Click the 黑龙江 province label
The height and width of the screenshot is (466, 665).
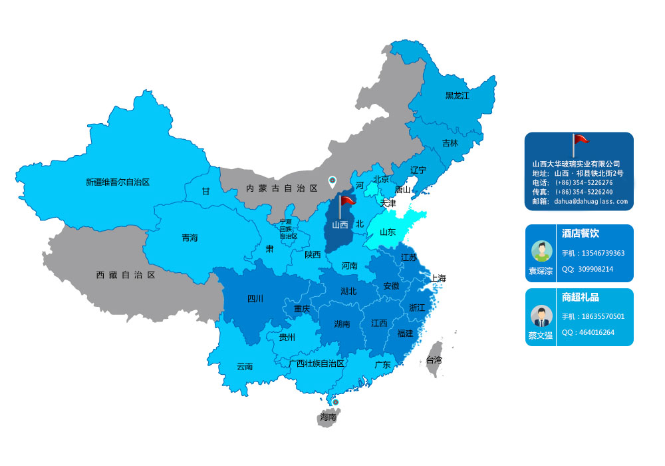coord(457,96)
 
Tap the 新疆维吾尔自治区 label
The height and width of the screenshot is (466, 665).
coord(118,182)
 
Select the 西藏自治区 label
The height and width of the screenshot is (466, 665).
coord(126,274)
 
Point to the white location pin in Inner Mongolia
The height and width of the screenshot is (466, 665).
coord(332,181)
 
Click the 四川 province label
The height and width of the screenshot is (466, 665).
coord(255,299)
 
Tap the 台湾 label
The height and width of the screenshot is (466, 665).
coord(434,359)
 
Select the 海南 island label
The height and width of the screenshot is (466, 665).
coord(328,417)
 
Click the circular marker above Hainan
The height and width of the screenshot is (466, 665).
coord(335,402)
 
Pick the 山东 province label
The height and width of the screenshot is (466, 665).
coord(387,232)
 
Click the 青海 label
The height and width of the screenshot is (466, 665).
coord(190,238)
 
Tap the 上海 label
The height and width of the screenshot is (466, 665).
coord(438,278)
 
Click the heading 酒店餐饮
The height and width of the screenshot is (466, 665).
coord(580,234)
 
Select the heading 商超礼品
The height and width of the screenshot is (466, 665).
coord(580,297)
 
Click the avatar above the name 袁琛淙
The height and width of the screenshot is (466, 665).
coord(541,251)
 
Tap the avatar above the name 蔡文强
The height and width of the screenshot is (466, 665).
coord(541,315)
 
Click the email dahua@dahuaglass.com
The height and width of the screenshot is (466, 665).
coord(591,200)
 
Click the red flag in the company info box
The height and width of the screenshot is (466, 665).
coord(580,140)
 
